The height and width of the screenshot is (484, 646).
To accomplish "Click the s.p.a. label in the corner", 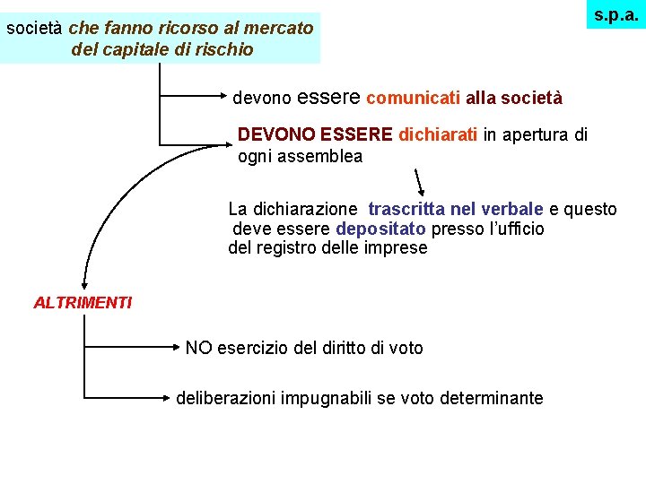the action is tap(615, 14).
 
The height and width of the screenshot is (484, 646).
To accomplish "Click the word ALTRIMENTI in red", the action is tap(83, 303).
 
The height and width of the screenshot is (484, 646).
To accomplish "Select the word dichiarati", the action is tap(439, 135).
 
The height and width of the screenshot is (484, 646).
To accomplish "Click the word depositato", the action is tap(381, 229).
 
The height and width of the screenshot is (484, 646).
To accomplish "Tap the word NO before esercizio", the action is tap(198, 348).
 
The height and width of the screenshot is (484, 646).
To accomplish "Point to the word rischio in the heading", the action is tap(224, 49).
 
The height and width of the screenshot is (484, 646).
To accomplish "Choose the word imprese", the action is tap(397, 248).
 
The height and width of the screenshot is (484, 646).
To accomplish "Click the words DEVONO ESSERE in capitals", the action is tap(315, 135).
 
